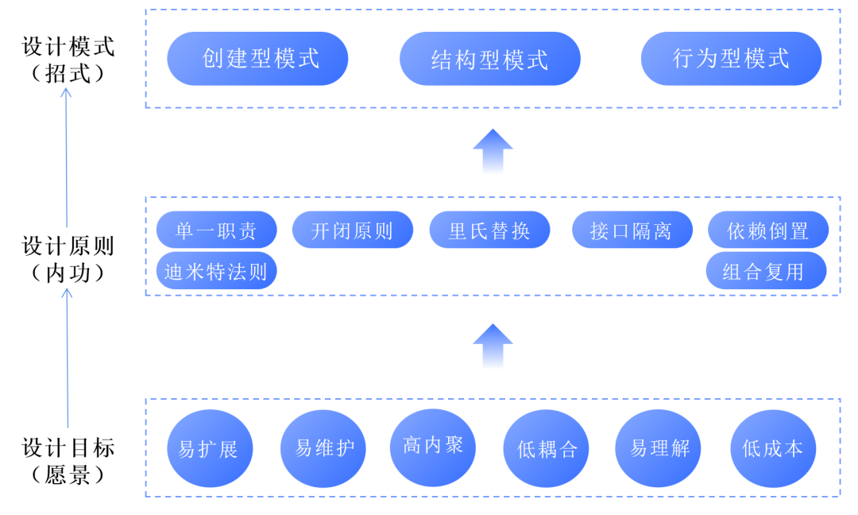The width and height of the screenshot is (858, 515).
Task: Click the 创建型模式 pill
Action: [257, 58]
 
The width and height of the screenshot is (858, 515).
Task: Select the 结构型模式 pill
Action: [489, 59]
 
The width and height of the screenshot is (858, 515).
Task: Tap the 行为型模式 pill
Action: [731, 58]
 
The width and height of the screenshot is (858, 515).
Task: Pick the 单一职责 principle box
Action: [216, 230]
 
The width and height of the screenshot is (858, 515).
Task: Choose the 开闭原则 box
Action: [352, 230]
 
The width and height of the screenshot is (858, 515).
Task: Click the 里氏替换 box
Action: [489, 230]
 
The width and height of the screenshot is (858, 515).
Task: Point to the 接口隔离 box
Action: [632, 230]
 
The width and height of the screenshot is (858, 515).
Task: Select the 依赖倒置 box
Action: [767, 230]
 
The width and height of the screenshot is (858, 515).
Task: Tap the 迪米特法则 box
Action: [216, 271]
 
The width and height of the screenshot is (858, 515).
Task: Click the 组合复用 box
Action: [766, 271]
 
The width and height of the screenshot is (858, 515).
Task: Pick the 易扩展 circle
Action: [208, 448]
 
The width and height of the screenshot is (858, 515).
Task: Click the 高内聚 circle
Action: [432, 445]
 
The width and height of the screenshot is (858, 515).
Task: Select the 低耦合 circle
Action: [547, 448]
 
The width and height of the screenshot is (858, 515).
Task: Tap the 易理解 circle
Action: [659, 447]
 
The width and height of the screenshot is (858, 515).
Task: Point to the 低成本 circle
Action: [772, 448]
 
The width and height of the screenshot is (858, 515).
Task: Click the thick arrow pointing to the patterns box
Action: [493, 151]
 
